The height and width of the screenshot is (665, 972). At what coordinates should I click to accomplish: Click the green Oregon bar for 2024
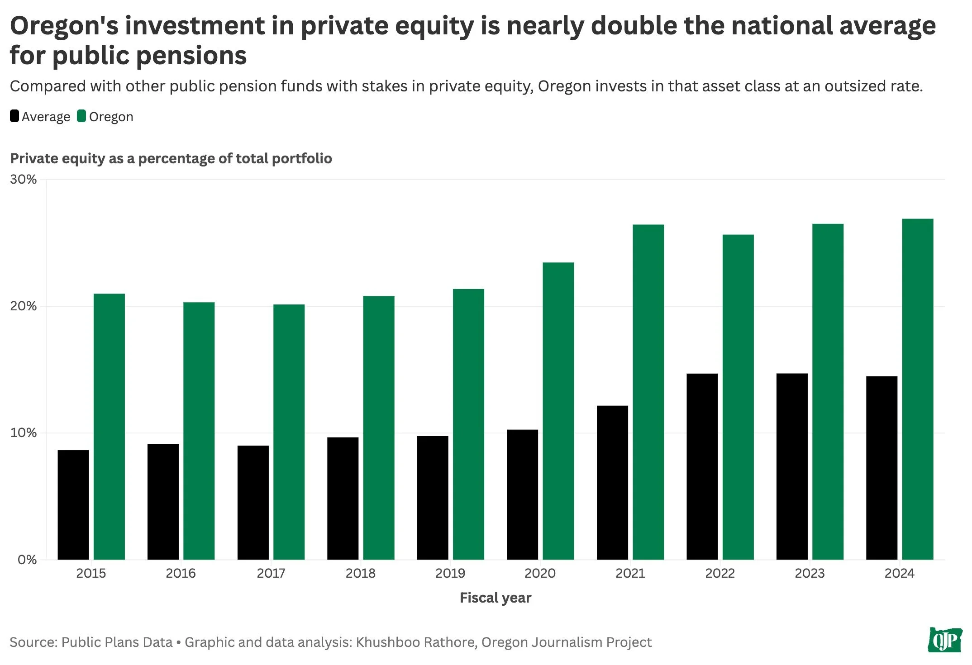pyautogui.click(x=917, y=389)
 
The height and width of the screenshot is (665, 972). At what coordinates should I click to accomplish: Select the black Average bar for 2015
pyautogui.click(x=73, y=504)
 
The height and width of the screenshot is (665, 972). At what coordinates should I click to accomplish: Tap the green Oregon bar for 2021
pyautogui.click(x=648, y=392)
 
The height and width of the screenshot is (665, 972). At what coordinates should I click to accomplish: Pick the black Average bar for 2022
pyautogui.click(x=702, y=466)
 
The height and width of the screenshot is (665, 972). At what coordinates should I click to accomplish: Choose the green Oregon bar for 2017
pyautogui.click(x=289, y=432)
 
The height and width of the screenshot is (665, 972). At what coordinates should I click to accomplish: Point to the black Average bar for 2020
pyautogui.click(x=522, y=494)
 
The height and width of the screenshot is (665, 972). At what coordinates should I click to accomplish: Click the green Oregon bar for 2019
pyautogui.click(x=468, y=424)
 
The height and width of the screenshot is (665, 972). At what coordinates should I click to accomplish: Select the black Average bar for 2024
pyautogui.click(x=881, y=468)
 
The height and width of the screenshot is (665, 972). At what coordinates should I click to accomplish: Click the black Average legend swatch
pyautogui.click(x=14, y=116)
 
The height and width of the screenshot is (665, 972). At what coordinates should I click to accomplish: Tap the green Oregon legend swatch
pyautogui.click(x=81, y=116)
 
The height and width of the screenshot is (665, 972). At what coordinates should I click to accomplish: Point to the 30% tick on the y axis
pyautogui.click(x=23, y=180)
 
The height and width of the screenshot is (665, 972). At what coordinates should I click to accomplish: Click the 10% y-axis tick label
pyautogui.click(x=23, y=433)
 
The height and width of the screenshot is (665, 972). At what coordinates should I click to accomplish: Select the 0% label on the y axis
pyautogui.click(x=27, y=560)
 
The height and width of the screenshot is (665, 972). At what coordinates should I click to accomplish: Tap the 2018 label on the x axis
pyautogui.click(x=360, y=573)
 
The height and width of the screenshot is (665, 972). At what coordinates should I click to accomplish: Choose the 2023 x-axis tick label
pyautogui.click(x=810, y=573)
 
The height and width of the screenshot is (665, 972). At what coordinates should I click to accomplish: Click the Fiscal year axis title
pyautogui.click(x=495, y=598)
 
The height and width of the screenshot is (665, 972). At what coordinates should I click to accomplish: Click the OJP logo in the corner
pyautogui.click(x=945, y=640)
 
